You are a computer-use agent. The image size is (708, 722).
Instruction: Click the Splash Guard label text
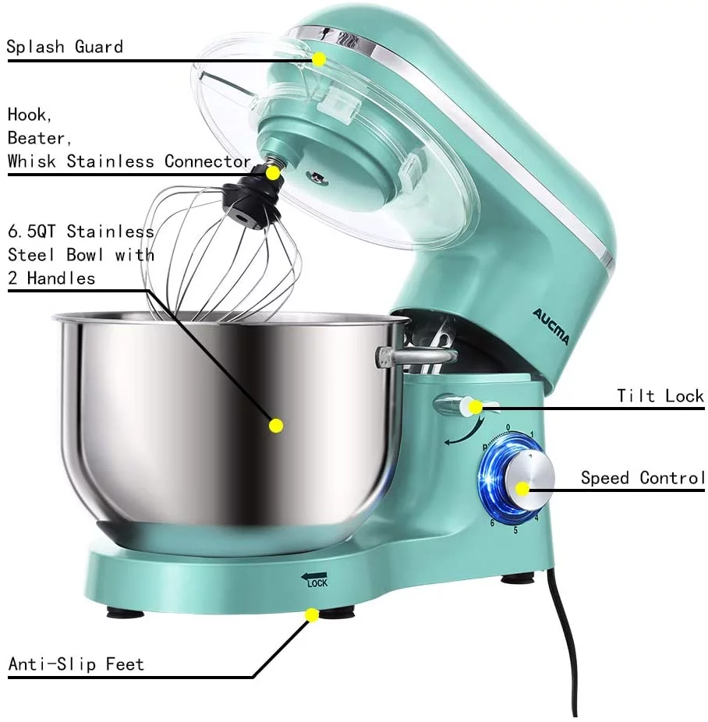click(65, 46)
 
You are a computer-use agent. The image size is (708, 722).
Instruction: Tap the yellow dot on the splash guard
click(319, 58)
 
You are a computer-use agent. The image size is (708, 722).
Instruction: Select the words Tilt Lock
click(660, 395)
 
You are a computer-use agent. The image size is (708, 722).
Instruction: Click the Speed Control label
click(643, 477)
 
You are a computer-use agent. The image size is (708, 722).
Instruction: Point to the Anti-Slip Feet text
click(76, 664)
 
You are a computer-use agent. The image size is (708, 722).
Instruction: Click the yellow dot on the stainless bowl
click(275, 425)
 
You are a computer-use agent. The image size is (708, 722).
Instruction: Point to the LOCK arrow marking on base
click(317, 579)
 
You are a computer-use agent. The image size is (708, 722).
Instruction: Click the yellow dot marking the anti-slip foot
click(311, 615)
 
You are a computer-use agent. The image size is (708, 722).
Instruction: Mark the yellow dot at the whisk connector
click(274, 172)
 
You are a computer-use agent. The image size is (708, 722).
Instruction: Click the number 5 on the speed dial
click(515, 530)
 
